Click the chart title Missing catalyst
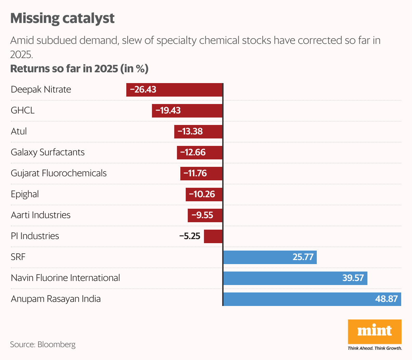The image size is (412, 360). coord(62,18)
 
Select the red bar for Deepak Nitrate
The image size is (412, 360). coord(174,90)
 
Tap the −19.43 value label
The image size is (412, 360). coord(168,110)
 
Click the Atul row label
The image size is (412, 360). coord(19,131)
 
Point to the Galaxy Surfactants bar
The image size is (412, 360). coord(199,153)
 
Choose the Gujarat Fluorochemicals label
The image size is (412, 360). coord(59,173)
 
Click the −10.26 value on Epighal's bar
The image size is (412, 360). coord(202,194)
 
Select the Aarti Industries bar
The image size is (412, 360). coord(205,215)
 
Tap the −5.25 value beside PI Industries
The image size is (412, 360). coord(190,236)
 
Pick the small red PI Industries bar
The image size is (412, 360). coord(213,236)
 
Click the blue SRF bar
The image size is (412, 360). coord(269,257)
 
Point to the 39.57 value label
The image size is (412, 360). coord(353,278)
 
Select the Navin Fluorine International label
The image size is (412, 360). coord(66,278)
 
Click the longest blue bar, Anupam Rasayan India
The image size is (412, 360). coord(312,299)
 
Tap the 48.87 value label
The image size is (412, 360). coord(386,299)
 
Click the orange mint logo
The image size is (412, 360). coord(375,331)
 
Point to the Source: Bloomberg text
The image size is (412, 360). coord(43,344)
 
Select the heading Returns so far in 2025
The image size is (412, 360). coord(79,69)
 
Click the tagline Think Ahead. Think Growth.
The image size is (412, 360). coord(375,348)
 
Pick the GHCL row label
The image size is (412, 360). coord(23,110)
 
